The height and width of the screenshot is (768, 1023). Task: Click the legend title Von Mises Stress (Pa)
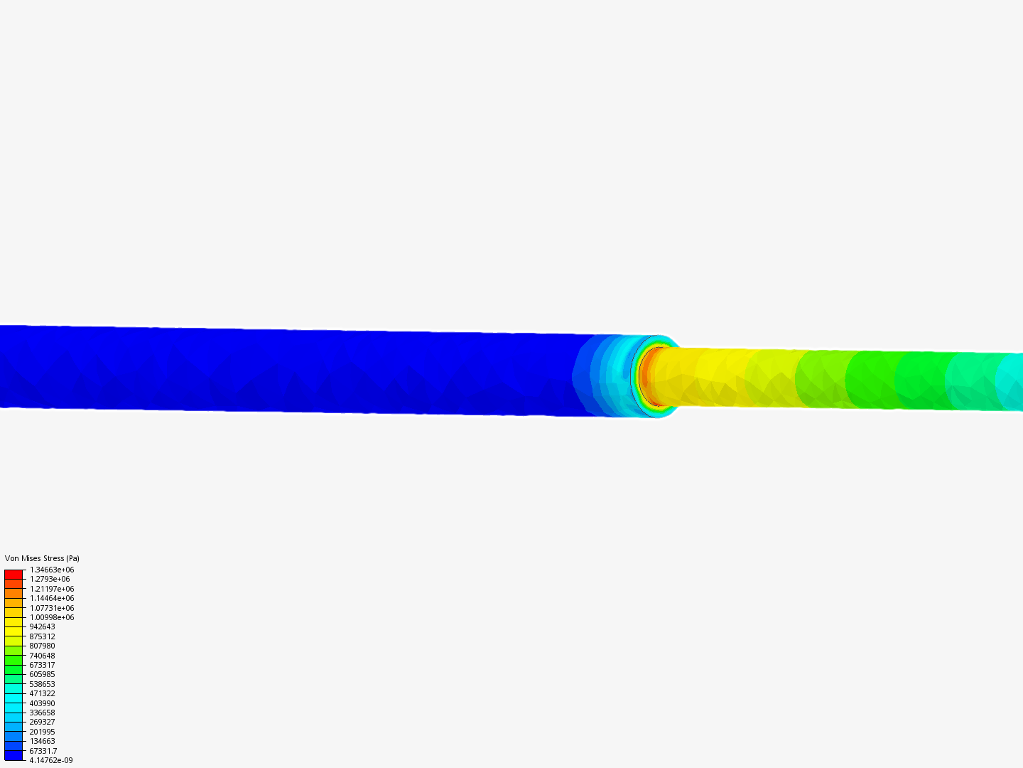tap(42, 558)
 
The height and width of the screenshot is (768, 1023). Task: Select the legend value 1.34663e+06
tap(52, 570)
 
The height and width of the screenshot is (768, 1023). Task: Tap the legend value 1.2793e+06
tap(50, 579)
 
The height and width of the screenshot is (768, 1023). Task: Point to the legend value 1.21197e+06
tap(52, 589)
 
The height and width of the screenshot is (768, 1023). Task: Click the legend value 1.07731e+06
tap(52, 608)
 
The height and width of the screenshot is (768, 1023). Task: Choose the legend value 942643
tap(42, 626)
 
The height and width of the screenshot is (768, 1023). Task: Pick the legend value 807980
tap(42, 646)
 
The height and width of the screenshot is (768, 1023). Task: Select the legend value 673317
tap(42, 665)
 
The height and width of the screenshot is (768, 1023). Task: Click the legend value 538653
tap(42, 684)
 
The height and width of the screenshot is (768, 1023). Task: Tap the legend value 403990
tap(42, 703)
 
